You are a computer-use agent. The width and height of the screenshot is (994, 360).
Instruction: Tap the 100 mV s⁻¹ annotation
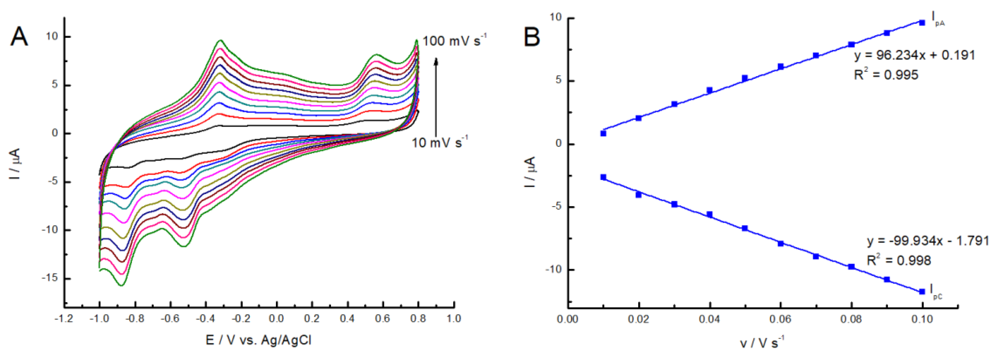coord(454,41)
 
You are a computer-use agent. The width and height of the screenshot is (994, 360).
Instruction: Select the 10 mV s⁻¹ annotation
coord(439,142)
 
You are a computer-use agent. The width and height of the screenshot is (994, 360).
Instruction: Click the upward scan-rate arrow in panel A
coord(436,96)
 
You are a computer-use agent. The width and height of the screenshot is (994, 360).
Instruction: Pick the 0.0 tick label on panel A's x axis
coord(276,319)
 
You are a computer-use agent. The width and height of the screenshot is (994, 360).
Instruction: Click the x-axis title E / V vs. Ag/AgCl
coord(259,340)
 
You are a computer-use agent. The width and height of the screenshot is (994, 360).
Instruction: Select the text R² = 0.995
coord(886,75)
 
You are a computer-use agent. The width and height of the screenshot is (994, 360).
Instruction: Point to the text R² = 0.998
coord(899,260)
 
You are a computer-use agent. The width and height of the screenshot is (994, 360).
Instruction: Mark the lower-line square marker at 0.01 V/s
coord(603,177)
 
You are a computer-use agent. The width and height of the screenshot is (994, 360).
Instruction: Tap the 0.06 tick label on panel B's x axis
coord(780,319)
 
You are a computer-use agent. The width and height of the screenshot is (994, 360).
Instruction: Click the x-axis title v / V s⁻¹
coord(762,342)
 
